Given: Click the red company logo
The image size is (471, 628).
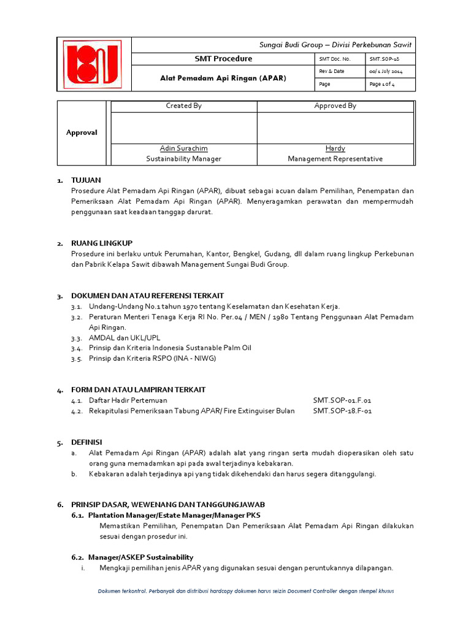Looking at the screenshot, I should tap(93, 64).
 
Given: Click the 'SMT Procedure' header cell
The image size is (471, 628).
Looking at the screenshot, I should tap(223, 59).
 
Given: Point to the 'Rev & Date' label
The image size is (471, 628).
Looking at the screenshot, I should tap(332, 72).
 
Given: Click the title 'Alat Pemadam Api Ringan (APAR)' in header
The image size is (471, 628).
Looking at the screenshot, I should tap(223, 78).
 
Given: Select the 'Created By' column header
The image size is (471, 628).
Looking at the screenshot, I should tap(184, 106).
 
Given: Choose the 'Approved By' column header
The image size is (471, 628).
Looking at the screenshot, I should tap(335, 106).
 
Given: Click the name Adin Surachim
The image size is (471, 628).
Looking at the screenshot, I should tap(184, 148).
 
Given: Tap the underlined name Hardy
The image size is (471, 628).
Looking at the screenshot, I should tap(335, 148).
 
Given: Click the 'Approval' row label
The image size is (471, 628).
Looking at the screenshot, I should tap(82, 132).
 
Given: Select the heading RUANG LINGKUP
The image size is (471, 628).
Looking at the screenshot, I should tap(102, 243).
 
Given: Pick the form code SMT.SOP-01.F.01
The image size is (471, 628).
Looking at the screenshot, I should tap(342, 400).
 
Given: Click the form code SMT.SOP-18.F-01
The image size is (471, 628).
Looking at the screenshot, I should tap(342, 411).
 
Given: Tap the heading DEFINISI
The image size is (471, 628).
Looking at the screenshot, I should tap(86, 442).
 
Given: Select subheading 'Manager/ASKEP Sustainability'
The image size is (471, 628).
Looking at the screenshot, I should tap(140, 557).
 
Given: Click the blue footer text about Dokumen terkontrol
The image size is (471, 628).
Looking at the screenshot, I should tap(245, 591).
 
